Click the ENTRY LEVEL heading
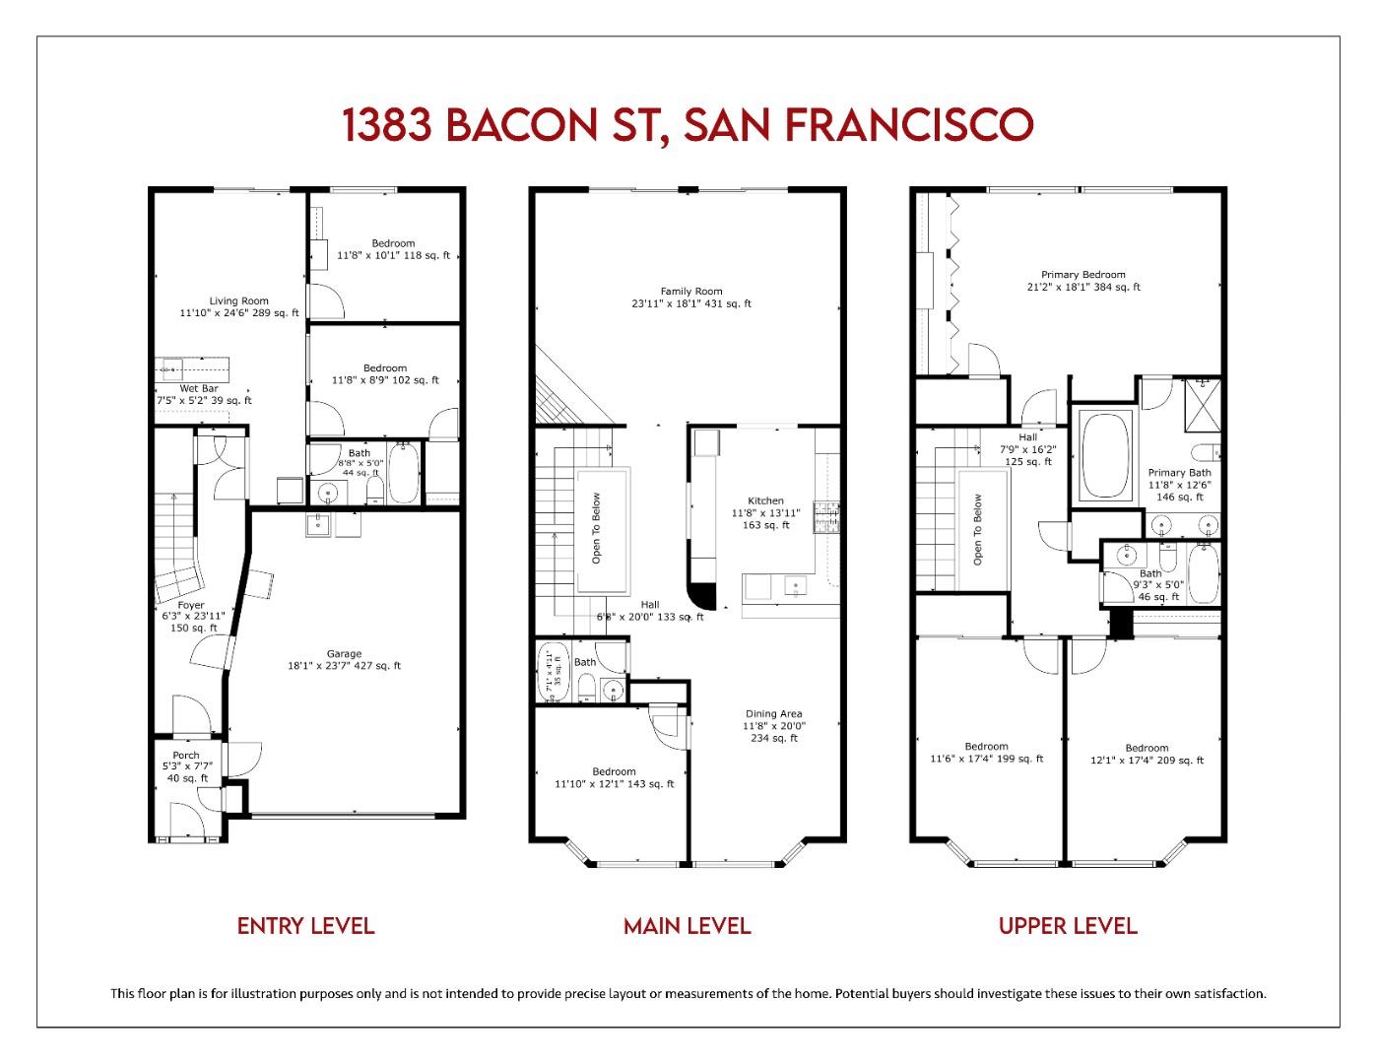click(x=305, y=926)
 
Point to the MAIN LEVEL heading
click(x=687, y=926)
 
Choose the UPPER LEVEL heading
click(x=1068, y=926)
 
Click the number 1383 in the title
click(x=387, y=125)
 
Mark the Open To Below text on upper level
click(x=978, y=529)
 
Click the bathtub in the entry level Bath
click(x=403, y=473)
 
